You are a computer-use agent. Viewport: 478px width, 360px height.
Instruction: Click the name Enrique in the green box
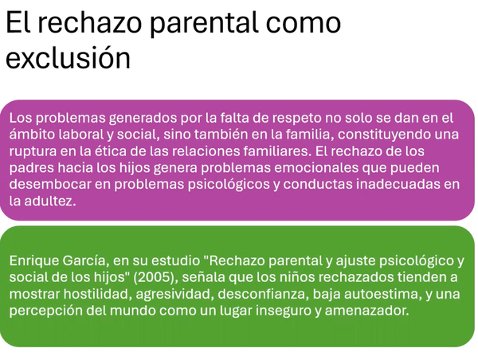[x=35, y=261]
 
